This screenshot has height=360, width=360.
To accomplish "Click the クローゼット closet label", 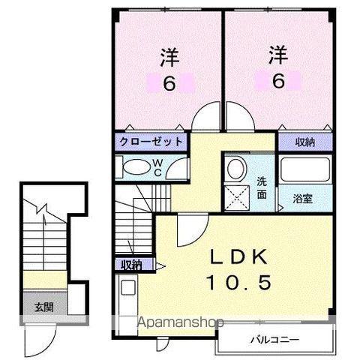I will [x=150, y=141].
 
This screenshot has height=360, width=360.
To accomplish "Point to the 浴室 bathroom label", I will [x=304, y=199].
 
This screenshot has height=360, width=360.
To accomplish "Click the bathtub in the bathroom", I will [x=304, y=169].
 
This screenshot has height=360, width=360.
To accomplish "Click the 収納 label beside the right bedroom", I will [x=304, y=140].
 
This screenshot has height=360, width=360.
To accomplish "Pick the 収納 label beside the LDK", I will [x=133, y=264].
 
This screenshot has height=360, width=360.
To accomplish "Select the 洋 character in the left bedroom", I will [x=169, y=57].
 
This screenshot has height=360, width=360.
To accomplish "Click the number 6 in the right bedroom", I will [x=278, y=79].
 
